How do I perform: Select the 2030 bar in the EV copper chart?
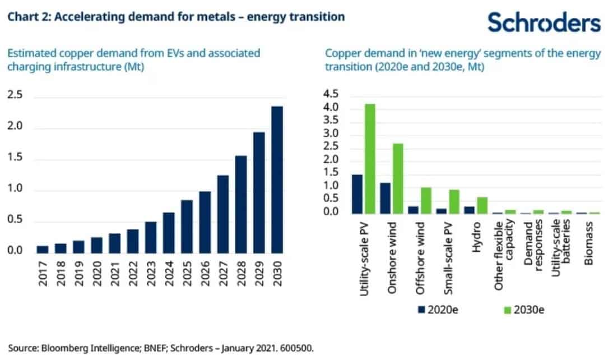click(276, 180)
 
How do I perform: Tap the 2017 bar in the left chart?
click(43, 250)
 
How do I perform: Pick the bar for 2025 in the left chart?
click(187, 227)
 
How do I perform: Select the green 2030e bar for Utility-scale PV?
click(370, 159)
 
